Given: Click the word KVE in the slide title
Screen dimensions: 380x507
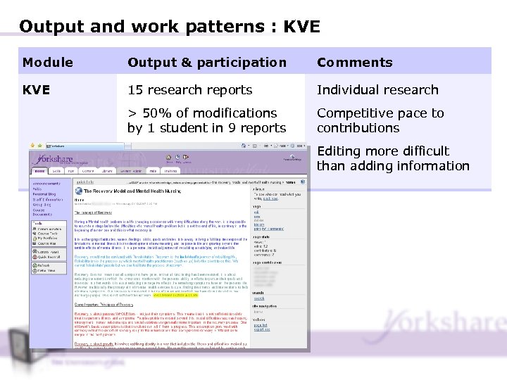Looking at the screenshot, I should click(301, 27).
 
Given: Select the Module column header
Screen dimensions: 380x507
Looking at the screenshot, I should click(47, 63).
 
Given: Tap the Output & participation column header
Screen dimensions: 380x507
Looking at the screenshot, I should click(206, 63).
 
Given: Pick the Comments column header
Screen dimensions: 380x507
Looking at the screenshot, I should click(354, 63).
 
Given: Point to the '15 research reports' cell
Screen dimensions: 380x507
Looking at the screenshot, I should click(189, 90).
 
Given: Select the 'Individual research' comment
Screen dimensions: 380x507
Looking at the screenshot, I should click(377, 90).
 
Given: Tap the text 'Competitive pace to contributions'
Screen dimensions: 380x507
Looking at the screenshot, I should click(380, 120).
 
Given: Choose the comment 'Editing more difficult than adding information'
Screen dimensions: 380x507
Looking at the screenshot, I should click(392, 158).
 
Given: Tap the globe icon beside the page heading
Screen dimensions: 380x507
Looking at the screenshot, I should click(79, 190).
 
